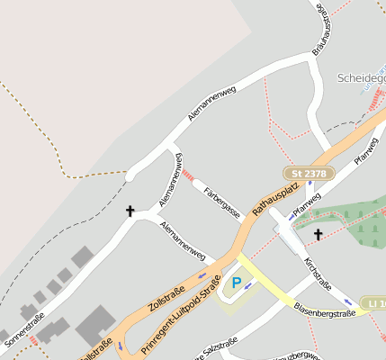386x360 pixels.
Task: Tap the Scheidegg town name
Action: (361, 78)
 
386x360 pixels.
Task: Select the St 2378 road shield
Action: (309, 172)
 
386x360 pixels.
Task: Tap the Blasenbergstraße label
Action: (323, 310)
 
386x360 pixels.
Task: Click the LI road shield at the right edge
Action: (373, 303)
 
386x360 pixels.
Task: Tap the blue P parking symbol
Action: (237, 283)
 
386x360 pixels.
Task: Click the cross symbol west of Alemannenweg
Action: (130, 211)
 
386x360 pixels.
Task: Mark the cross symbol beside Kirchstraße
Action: (318, 235)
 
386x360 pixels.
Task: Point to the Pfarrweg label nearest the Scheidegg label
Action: (366, 150)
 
